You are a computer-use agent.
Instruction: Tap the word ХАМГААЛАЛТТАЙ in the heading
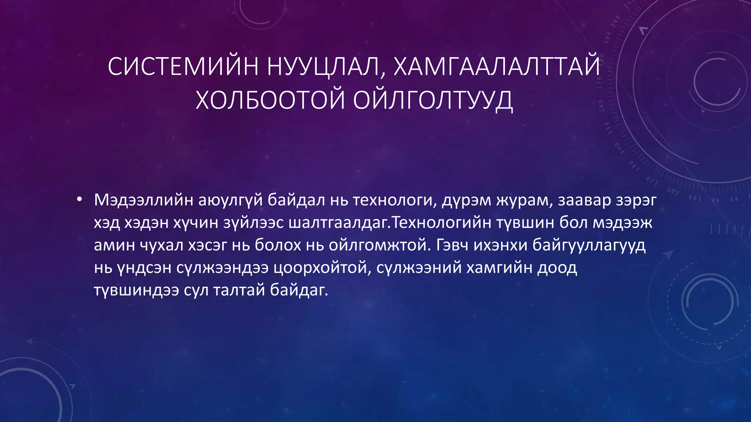497,67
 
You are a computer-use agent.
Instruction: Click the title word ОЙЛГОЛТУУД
433,100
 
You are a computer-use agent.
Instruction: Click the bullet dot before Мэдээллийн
79,200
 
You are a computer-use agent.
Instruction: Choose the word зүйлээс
253,223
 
